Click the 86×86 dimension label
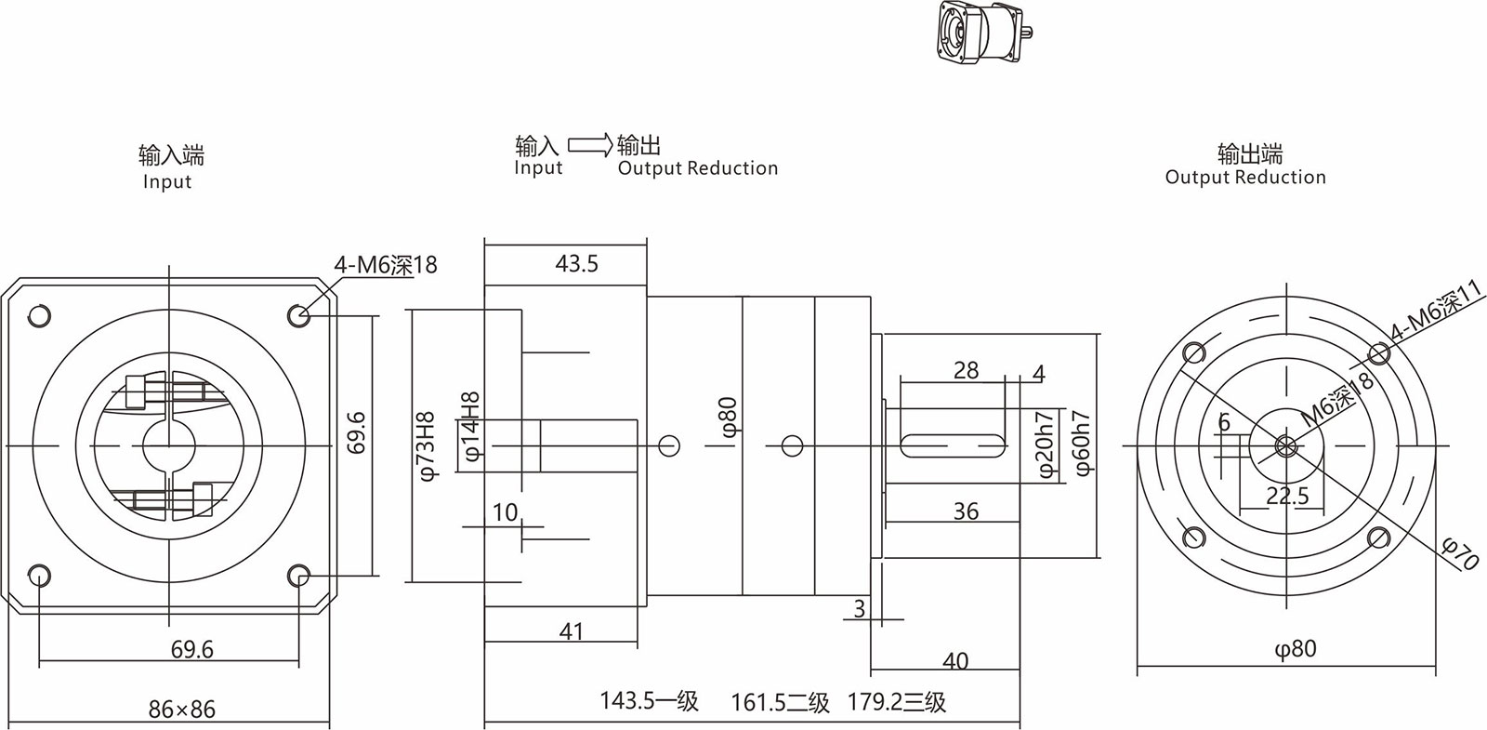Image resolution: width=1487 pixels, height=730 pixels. [x=181, y=710]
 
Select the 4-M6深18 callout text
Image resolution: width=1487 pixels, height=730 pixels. [x=386, y=265]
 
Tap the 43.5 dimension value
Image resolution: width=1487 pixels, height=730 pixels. [x=576, y=264]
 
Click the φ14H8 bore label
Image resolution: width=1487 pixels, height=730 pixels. [x=471, y=427]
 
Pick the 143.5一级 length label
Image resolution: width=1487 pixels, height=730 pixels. [x=649, y=700]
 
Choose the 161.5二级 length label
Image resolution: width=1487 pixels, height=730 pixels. [x=780, y=701]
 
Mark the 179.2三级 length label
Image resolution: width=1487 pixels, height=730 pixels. [x=896, y=701]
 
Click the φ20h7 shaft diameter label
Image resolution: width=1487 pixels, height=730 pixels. [x=1046, y=445]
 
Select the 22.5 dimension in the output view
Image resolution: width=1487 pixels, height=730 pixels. [x=1287, y=497]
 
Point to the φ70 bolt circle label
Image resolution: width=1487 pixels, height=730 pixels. [x=1460, y=552]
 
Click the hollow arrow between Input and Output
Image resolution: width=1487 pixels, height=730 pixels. [x=589, y=145]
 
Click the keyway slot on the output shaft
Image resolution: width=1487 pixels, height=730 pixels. [x=953, y=445]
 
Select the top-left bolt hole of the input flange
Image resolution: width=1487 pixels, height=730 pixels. [x=39, y=316]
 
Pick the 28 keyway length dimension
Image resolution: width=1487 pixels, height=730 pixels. [x=966, y=370]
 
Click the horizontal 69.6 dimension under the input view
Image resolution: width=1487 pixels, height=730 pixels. [x=192, y=649]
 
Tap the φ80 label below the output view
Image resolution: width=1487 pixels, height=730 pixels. [x=1295, y=648]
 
